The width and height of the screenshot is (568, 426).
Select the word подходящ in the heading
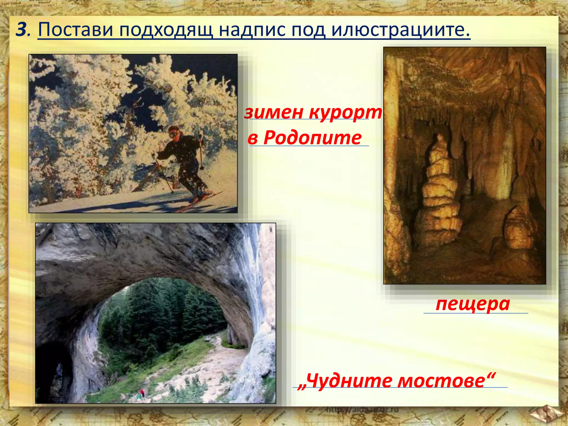166,30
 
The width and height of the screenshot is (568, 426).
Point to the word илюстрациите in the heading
400,30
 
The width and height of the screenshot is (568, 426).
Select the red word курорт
346,113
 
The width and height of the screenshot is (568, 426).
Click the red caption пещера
473,304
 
